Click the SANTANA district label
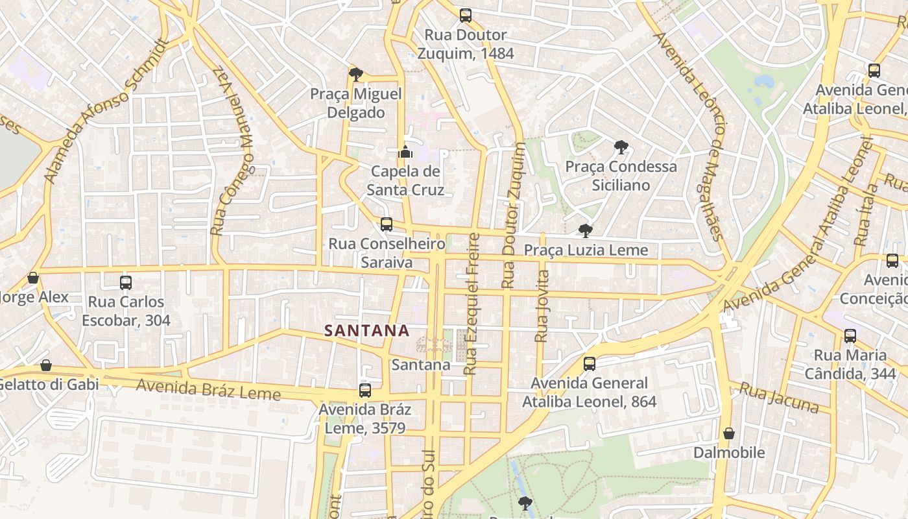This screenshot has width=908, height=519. pos(367,331)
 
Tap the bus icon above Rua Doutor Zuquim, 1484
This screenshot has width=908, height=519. pos(465,16)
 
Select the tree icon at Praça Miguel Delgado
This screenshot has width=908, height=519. pos(355,74)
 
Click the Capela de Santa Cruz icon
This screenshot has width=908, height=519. pos(405,152)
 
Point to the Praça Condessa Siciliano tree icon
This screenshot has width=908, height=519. pos(621,147)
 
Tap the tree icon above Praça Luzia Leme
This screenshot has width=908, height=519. pos(585,230)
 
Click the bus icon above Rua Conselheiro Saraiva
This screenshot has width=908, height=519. pos(387,224)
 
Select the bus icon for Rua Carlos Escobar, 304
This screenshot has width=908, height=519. pos(126,283)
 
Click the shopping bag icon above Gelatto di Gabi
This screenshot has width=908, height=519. pos(46,365)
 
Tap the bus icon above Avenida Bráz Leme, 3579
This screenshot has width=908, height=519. pos(365,390)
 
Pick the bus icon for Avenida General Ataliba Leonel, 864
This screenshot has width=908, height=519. pos(589,364)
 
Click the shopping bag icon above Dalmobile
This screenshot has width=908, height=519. pos(729,433)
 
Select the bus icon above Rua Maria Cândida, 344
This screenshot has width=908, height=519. pos(850,335)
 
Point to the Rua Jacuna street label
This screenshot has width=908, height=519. pos(780,398)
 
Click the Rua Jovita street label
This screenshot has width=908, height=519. pos(542,306)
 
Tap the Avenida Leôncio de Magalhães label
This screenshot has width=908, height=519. pos(691,136)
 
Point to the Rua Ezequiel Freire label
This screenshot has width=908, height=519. pos(472,304)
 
